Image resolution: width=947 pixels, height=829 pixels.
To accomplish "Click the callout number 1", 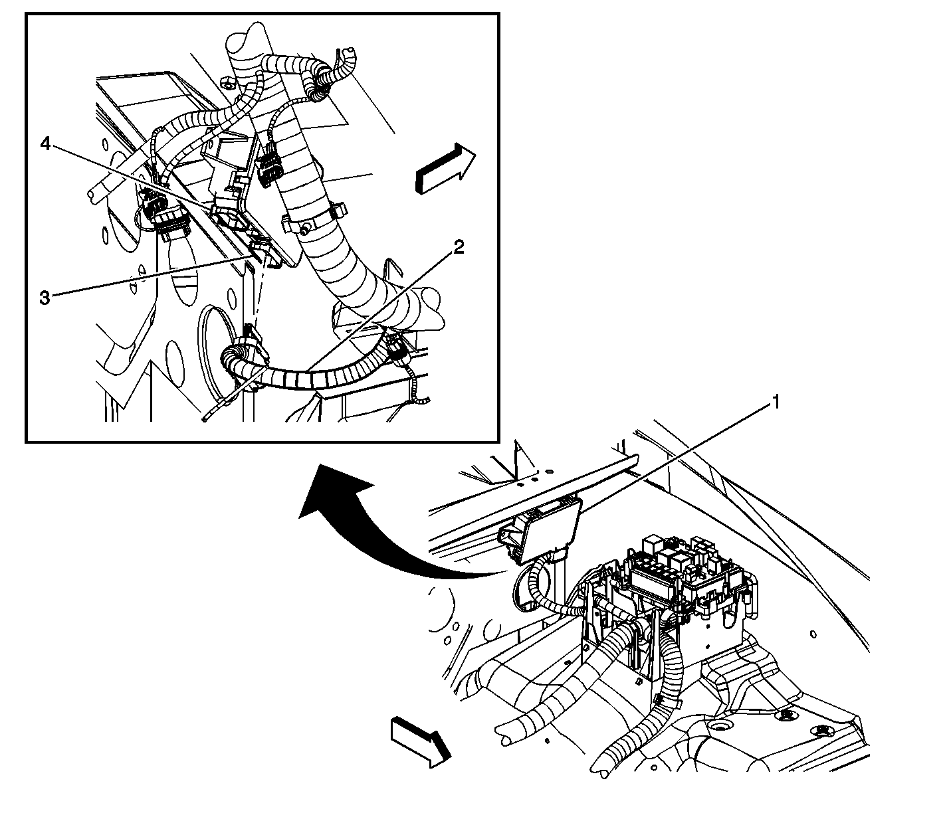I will pos(774,403).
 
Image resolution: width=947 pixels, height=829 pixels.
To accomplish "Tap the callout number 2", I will pos(459,248).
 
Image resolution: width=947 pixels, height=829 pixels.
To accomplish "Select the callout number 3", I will pos(45,298).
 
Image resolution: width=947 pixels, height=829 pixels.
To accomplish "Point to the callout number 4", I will pos(45,143).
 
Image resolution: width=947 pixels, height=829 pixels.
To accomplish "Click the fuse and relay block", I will pos(684,578).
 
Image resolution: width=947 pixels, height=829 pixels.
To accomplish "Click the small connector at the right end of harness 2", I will pos(398,348).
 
